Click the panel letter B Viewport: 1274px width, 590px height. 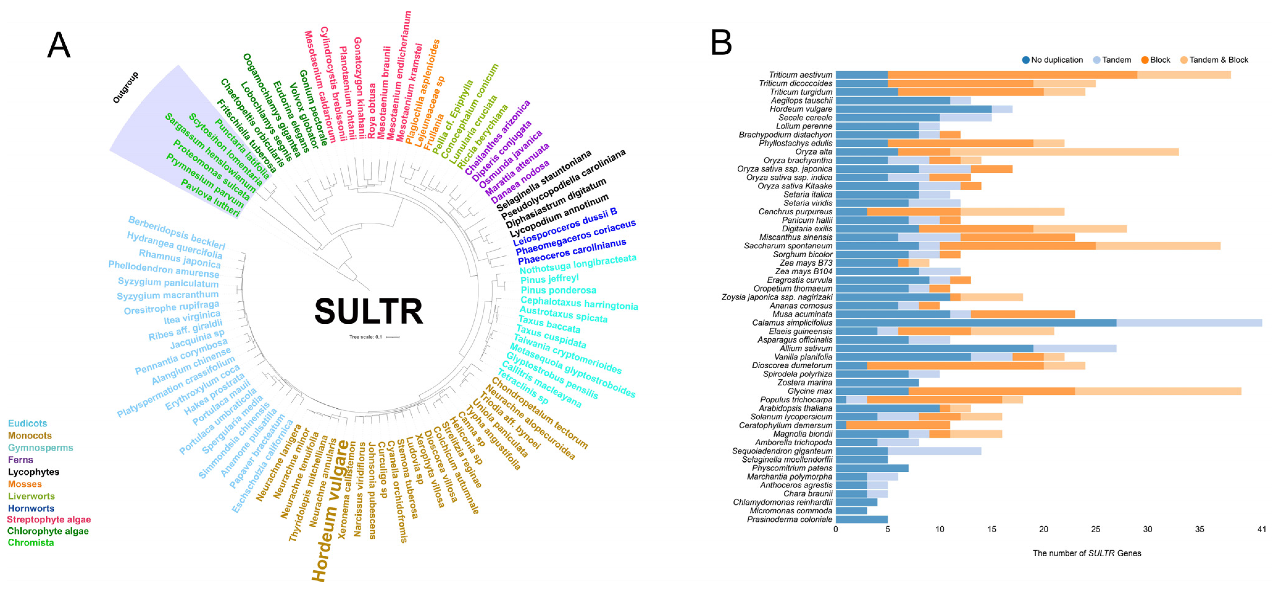(721, 43)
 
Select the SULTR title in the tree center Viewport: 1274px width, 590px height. (368, 311)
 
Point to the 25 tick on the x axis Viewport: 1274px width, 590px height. (1096, 529)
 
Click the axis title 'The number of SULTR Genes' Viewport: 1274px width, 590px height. (1087, 553)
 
